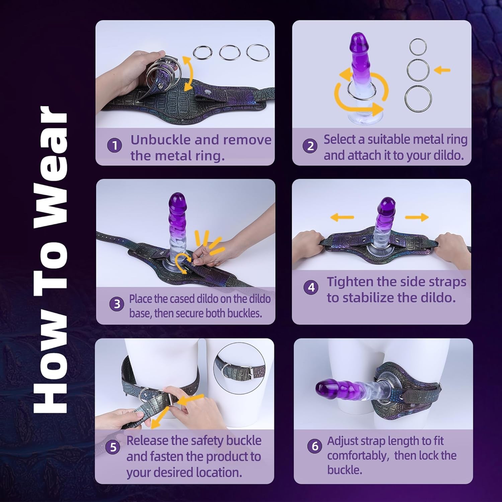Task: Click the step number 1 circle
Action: pyautogui.click(x=114, y=146)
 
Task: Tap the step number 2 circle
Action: pyautogui.click(x=310, y=146)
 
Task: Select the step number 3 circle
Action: pyautogui.click(x=117, y=304)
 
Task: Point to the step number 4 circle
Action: pyautogui.click(x=311, y=287)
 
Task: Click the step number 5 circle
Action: pyautogui.click(x=113, y=447)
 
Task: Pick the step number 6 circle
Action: pyautogui.click(x=315, y=446)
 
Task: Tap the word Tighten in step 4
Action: pyautogui.click(x=350, y=282)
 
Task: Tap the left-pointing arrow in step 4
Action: pyautogui.click(x=342, y=217)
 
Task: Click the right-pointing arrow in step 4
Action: pyautogui.click(x=417, y=217)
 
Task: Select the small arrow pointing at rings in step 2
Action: pyautogui.click(x=442, y=70)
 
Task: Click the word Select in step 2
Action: pyautogui.click(x=339, y=140)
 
